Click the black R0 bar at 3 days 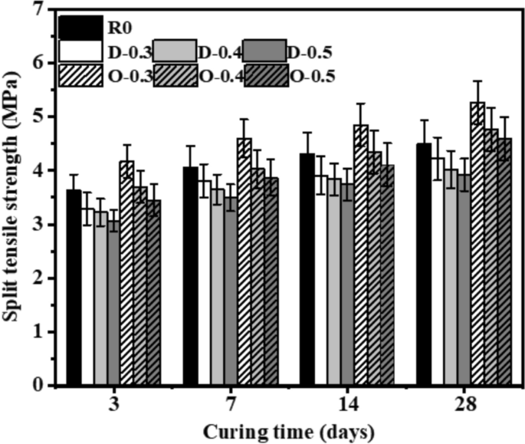coord(74,288)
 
